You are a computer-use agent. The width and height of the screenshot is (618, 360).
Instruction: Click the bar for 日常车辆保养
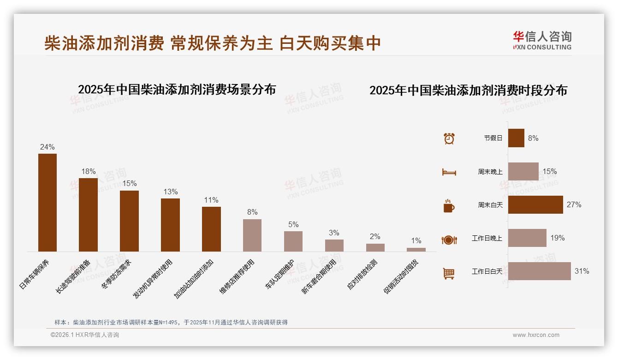coord(48,203)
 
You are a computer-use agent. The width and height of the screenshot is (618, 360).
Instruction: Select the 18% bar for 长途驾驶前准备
coord(88,215)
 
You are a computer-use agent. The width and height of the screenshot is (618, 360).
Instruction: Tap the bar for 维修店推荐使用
coord(252,235)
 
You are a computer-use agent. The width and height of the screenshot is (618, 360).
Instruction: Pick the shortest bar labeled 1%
coord(416,250)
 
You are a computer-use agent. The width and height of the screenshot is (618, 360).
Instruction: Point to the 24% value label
coord(48,147)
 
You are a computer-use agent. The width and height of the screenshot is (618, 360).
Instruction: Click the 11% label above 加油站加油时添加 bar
coord(211,200)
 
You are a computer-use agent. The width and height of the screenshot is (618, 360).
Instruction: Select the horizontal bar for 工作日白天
coord(539,271)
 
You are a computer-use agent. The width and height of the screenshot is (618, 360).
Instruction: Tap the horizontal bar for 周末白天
coord(535,204)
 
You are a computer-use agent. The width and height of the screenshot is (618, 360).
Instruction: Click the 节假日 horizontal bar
coord(516,138)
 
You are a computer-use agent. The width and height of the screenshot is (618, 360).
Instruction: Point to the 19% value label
coord(557,238)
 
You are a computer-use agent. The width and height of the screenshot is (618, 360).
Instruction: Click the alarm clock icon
coord(449,138)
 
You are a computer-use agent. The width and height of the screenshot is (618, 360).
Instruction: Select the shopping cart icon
coord(449,273)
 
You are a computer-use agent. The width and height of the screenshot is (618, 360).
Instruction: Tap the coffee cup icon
coord(449,206)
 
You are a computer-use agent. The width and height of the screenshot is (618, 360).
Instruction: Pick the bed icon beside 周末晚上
coord(449,172)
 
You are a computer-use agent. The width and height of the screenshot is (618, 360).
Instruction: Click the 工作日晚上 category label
coord(487,238)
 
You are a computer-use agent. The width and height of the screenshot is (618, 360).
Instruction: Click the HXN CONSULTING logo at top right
coord(542,40)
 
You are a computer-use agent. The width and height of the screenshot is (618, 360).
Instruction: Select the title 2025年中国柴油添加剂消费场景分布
coord(177,89)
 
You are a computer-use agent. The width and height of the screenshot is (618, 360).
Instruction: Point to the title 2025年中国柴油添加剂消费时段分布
coord(468,90)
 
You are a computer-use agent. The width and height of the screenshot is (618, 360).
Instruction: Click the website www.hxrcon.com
coord(536,335)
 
